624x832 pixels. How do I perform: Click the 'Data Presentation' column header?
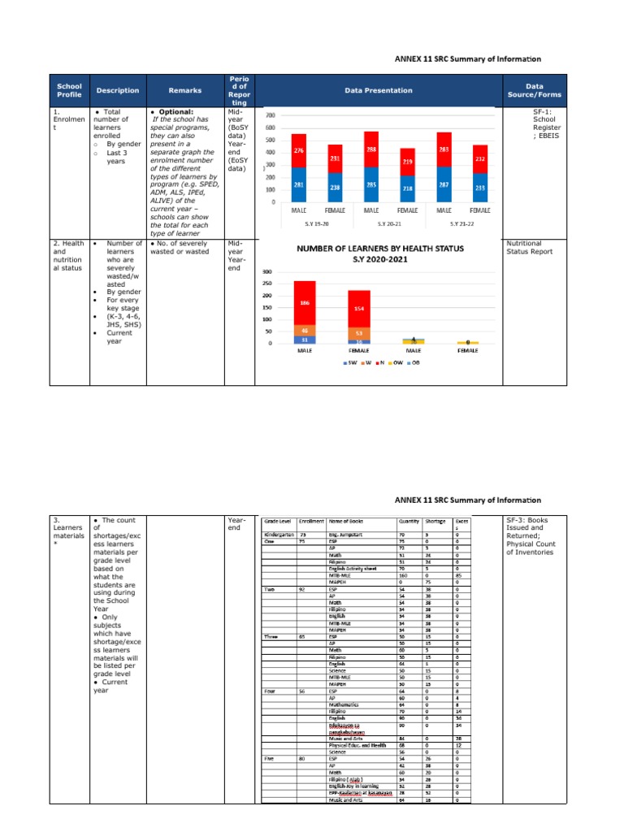[378, 90]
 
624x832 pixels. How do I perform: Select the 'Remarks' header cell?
[184, 90]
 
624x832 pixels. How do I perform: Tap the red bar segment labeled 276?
[299, 150]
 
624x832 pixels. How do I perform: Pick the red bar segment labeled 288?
[370, 150]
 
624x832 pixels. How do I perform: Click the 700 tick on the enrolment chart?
[271, 115]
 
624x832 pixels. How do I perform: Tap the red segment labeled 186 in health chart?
[305, 302]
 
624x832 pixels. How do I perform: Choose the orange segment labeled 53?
[358, 333]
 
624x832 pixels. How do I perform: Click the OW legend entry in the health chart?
[395, 362]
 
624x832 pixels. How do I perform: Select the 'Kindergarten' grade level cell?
[279, 535]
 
